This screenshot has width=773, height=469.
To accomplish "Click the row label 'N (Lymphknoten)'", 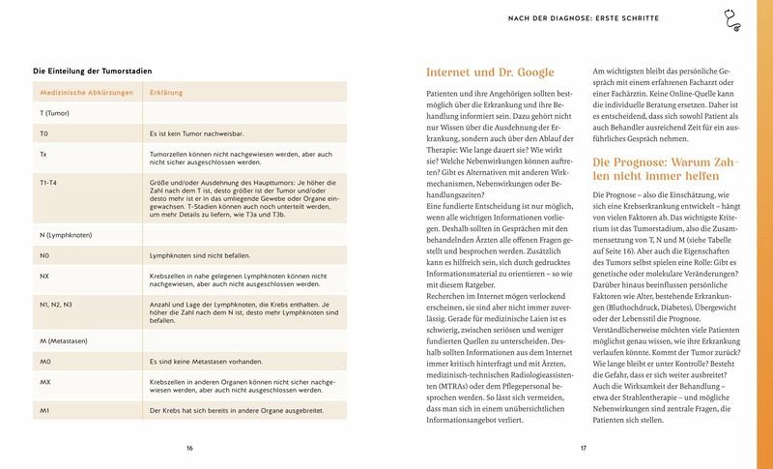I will pos(65,237).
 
